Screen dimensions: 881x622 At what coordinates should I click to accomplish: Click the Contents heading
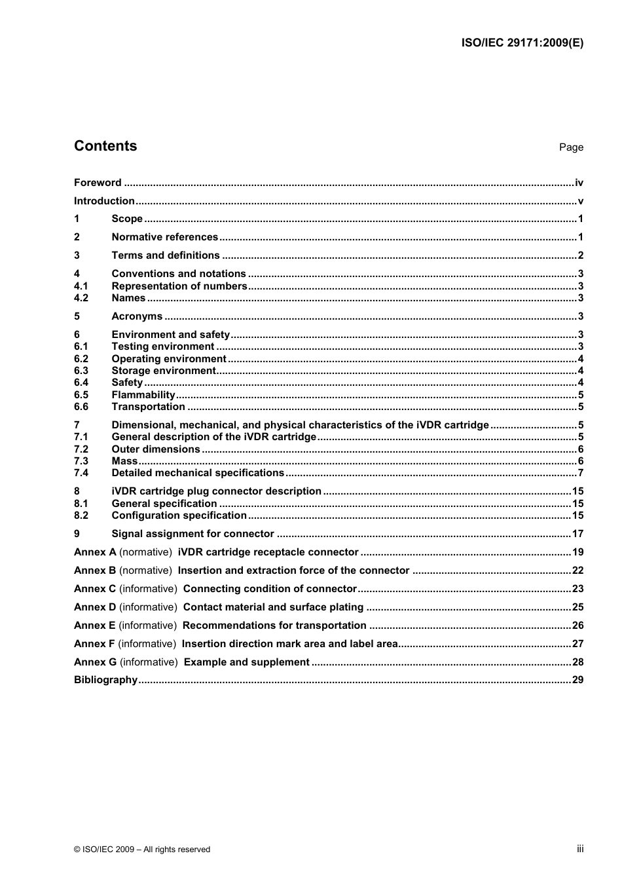(x=105, y=146)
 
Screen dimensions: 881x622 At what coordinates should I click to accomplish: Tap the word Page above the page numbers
(x=571, y=147)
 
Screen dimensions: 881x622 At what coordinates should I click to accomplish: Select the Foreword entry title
(x=98, y=183)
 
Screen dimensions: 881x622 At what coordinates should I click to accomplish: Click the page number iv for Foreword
(x=579, y=183)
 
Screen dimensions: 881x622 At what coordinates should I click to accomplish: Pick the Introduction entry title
(x=104, y=201)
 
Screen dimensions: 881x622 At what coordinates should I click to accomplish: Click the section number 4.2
(x=81, y=298)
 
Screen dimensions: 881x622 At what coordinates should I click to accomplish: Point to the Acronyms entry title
(x=137, y=316)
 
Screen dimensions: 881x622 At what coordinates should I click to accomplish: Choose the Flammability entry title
(x=143, y=395)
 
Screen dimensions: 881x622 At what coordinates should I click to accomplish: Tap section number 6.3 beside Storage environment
(x=81, y=371)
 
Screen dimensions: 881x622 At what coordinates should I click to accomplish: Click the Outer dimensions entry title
(x=156, y=449)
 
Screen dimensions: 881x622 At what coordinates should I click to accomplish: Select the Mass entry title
(x=124, y=461)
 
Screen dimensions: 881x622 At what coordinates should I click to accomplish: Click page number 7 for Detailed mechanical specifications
(x=580, y=473)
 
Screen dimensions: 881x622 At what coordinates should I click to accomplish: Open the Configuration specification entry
(x=179, y=515)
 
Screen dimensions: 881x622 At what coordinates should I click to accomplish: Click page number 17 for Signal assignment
(x=577, y=534)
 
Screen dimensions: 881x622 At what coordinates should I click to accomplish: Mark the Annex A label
(x=95, y=552)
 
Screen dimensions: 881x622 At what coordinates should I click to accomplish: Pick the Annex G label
(x=95, y=662)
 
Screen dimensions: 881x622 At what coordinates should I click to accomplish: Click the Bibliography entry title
(x=105, y=680)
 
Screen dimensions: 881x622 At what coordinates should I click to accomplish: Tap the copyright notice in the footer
(x=142, y=850)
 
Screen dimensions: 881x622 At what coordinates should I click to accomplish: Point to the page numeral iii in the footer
(x=580, y=849)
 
